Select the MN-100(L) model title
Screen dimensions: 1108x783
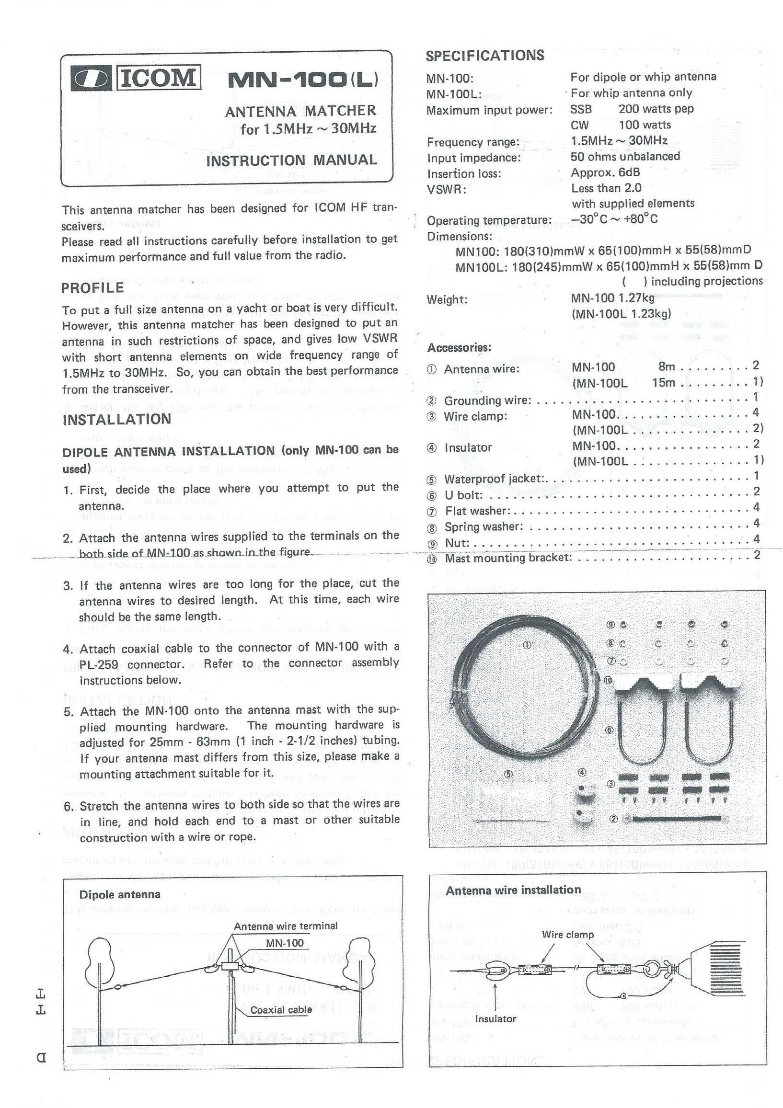click(303, 80)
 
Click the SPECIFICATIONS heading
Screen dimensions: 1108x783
click(484, 56)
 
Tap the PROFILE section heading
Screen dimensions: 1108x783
click(92, 288)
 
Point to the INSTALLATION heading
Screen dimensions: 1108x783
click(117, 419)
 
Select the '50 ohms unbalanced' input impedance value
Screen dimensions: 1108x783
click(625, 156)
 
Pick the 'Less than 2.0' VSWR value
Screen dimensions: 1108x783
click(606, 188)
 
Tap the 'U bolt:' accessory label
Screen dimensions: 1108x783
click(463, 495)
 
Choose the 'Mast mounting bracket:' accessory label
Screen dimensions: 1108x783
click(508, 559)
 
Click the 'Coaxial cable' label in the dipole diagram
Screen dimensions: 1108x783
click(281, 1010)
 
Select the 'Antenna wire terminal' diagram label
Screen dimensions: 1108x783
click(285, 926)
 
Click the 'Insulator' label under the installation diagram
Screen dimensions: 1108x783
click(495, 1019)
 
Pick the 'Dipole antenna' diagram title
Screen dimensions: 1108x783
click(120, 895)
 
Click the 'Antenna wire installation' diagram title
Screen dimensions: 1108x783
click(513, 891)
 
